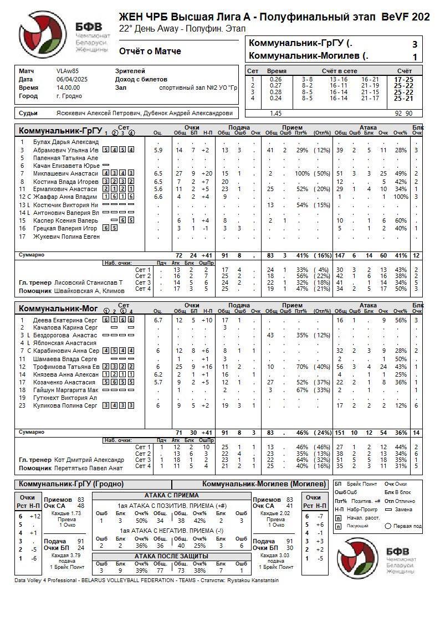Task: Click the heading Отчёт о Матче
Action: tap(150, 52)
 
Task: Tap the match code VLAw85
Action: tap(68, 71)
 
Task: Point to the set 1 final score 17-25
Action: tap(403, 79)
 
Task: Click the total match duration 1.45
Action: tap(275, 113)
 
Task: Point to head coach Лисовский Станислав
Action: tap(89, 282)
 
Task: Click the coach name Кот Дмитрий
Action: tap(89, 460)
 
